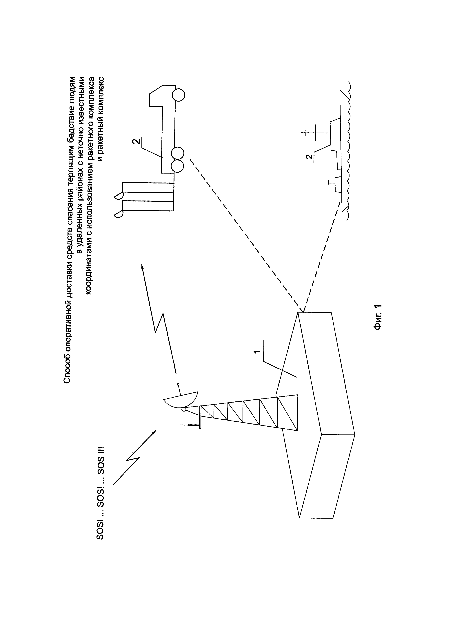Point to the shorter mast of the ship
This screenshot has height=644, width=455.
point(328,183)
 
